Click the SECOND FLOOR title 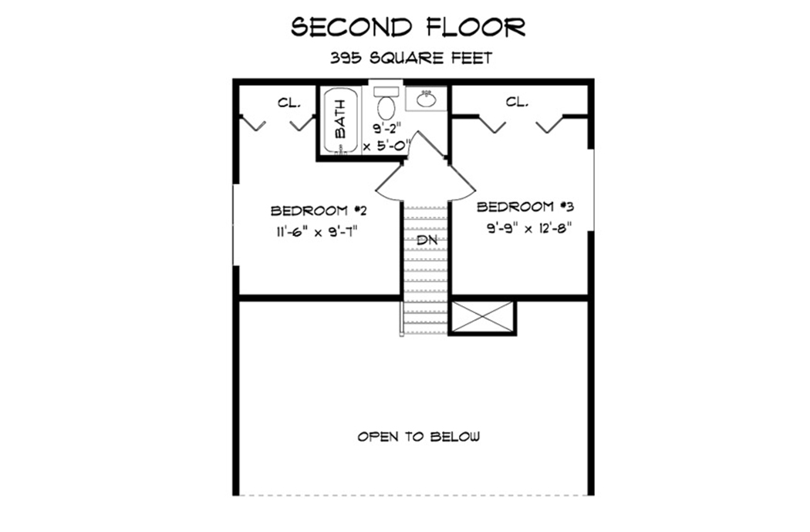(408, 28)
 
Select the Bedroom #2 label (312, 210)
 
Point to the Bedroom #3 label (525, 207)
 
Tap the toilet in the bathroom (386, 104)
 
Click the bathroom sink (426, 99)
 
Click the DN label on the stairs (426, 241)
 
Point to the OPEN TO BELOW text (418, 436)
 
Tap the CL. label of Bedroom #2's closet (289, 102)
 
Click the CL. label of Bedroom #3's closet (517, 101)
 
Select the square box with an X (482, 317)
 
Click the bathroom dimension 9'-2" (387, 129)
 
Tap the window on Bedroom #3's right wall (592, 189)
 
